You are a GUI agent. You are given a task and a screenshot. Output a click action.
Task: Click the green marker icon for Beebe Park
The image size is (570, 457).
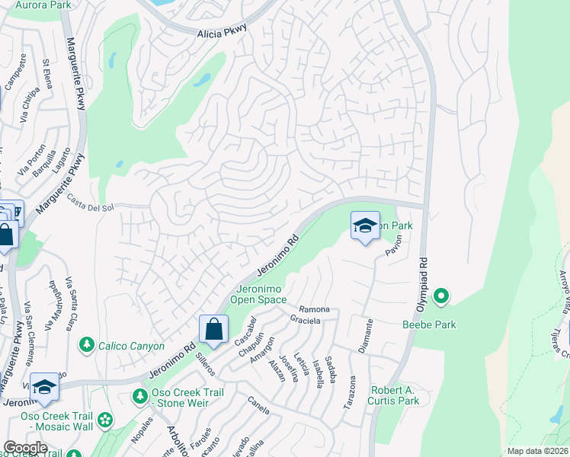[x=440, y=296]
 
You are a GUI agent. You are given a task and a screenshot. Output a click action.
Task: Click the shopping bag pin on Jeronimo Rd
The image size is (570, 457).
[x=214, y=330]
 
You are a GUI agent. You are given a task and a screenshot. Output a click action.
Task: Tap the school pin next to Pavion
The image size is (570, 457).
[x=365, y=225]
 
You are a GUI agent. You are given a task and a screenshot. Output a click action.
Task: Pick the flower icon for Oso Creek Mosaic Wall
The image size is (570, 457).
[x=104, y=420]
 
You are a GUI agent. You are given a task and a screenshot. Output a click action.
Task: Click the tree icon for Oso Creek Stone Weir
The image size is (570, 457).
[x=139, y=396]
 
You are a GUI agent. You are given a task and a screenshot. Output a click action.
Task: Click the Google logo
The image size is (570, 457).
[x=25, y=448]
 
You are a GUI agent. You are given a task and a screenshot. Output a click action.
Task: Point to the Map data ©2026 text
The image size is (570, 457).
[x=537, y=451]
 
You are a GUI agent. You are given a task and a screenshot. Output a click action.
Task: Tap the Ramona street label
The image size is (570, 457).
[x=314, y=309]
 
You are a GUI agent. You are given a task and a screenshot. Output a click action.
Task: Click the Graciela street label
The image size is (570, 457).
[x=306, y=321]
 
